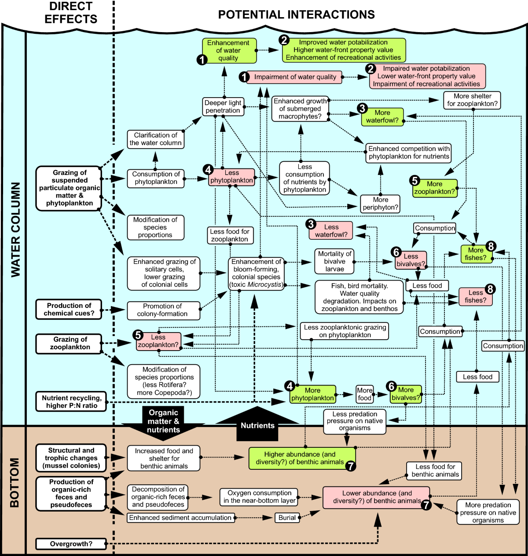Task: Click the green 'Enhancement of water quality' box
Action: click(228, 51)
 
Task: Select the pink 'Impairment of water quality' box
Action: click(295, 77)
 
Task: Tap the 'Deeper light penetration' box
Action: click(223, 107)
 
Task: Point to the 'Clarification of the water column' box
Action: click(155, 139)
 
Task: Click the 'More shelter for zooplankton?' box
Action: click(473, 100)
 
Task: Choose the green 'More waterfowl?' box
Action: click(382, 117)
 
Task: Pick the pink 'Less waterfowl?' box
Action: click(331, 231)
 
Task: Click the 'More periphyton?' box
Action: click(380, 204)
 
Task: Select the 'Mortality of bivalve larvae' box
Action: click(334, 261)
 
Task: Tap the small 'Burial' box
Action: click(287, 518)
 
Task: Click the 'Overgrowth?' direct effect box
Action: click(71, 544)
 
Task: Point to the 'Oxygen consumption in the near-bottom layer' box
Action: click(260, 497)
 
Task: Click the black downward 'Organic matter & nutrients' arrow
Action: click(163, 421)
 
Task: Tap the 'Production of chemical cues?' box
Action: click(69, 309)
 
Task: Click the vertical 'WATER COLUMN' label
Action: click(15, 229)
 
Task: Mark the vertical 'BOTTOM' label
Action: click(15, 483)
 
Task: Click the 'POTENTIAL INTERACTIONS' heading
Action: click(296, 15)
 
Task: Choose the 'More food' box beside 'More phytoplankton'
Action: click(364, 394)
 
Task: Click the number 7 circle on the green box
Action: click(350, 466)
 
